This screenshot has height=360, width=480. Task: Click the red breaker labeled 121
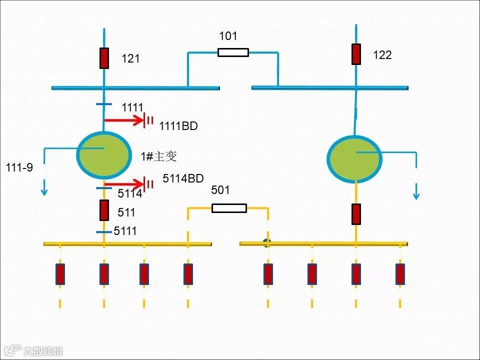(104, 58)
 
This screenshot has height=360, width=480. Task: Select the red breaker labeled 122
(356, 54)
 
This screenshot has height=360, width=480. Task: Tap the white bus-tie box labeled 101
(233, 52)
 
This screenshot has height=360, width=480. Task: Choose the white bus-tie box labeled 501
(229, 208)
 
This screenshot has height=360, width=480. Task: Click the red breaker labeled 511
(104, 210)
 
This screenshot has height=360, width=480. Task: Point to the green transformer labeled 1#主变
(103, 154)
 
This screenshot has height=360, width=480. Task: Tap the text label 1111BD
(178, 126)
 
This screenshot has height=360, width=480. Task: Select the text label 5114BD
(183, 178)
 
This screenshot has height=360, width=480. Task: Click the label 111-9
(19, 167)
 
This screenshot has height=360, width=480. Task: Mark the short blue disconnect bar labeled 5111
(104, 232)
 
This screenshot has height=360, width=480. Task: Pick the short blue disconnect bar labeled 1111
(104, 105)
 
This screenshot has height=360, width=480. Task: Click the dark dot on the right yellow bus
(267, 243)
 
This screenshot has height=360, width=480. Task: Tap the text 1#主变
(158, 156)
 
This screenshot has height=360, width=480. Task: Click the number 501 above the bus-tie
(220, 190)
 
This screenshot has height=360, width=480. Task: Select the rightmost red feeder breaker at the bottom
(400, 274)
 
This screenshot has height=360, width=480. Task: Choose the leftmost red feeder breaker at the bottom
(60, 274)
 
